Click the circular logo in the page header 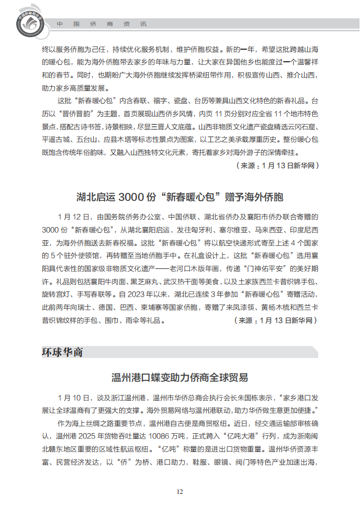27,20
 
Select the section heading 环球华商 62,352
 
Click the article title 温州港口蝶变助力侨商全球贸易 180,377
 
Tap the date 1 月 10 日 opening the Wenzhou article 75,398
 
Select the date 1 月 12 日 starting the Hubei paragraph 75,216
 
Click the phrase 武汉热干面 159,280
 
